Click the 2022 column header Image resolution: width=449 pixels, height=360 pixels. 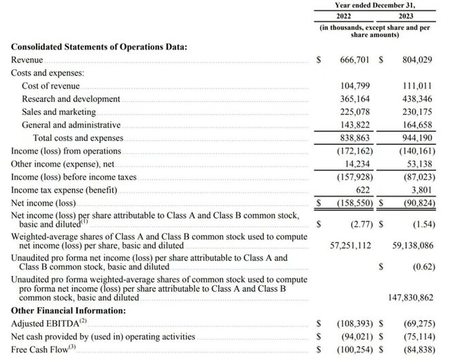click(344, 16)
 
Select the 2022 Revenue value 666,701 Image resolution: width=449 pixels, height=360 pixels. click(354, 60)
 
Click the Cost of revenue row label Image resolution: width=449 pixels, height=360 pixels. click(50, 86)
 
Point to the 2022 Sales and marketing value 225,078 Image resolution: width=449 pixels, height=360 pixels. click(354, 112)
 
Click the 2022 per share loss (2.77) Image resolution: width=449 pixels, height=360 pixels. click(356, 223)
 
